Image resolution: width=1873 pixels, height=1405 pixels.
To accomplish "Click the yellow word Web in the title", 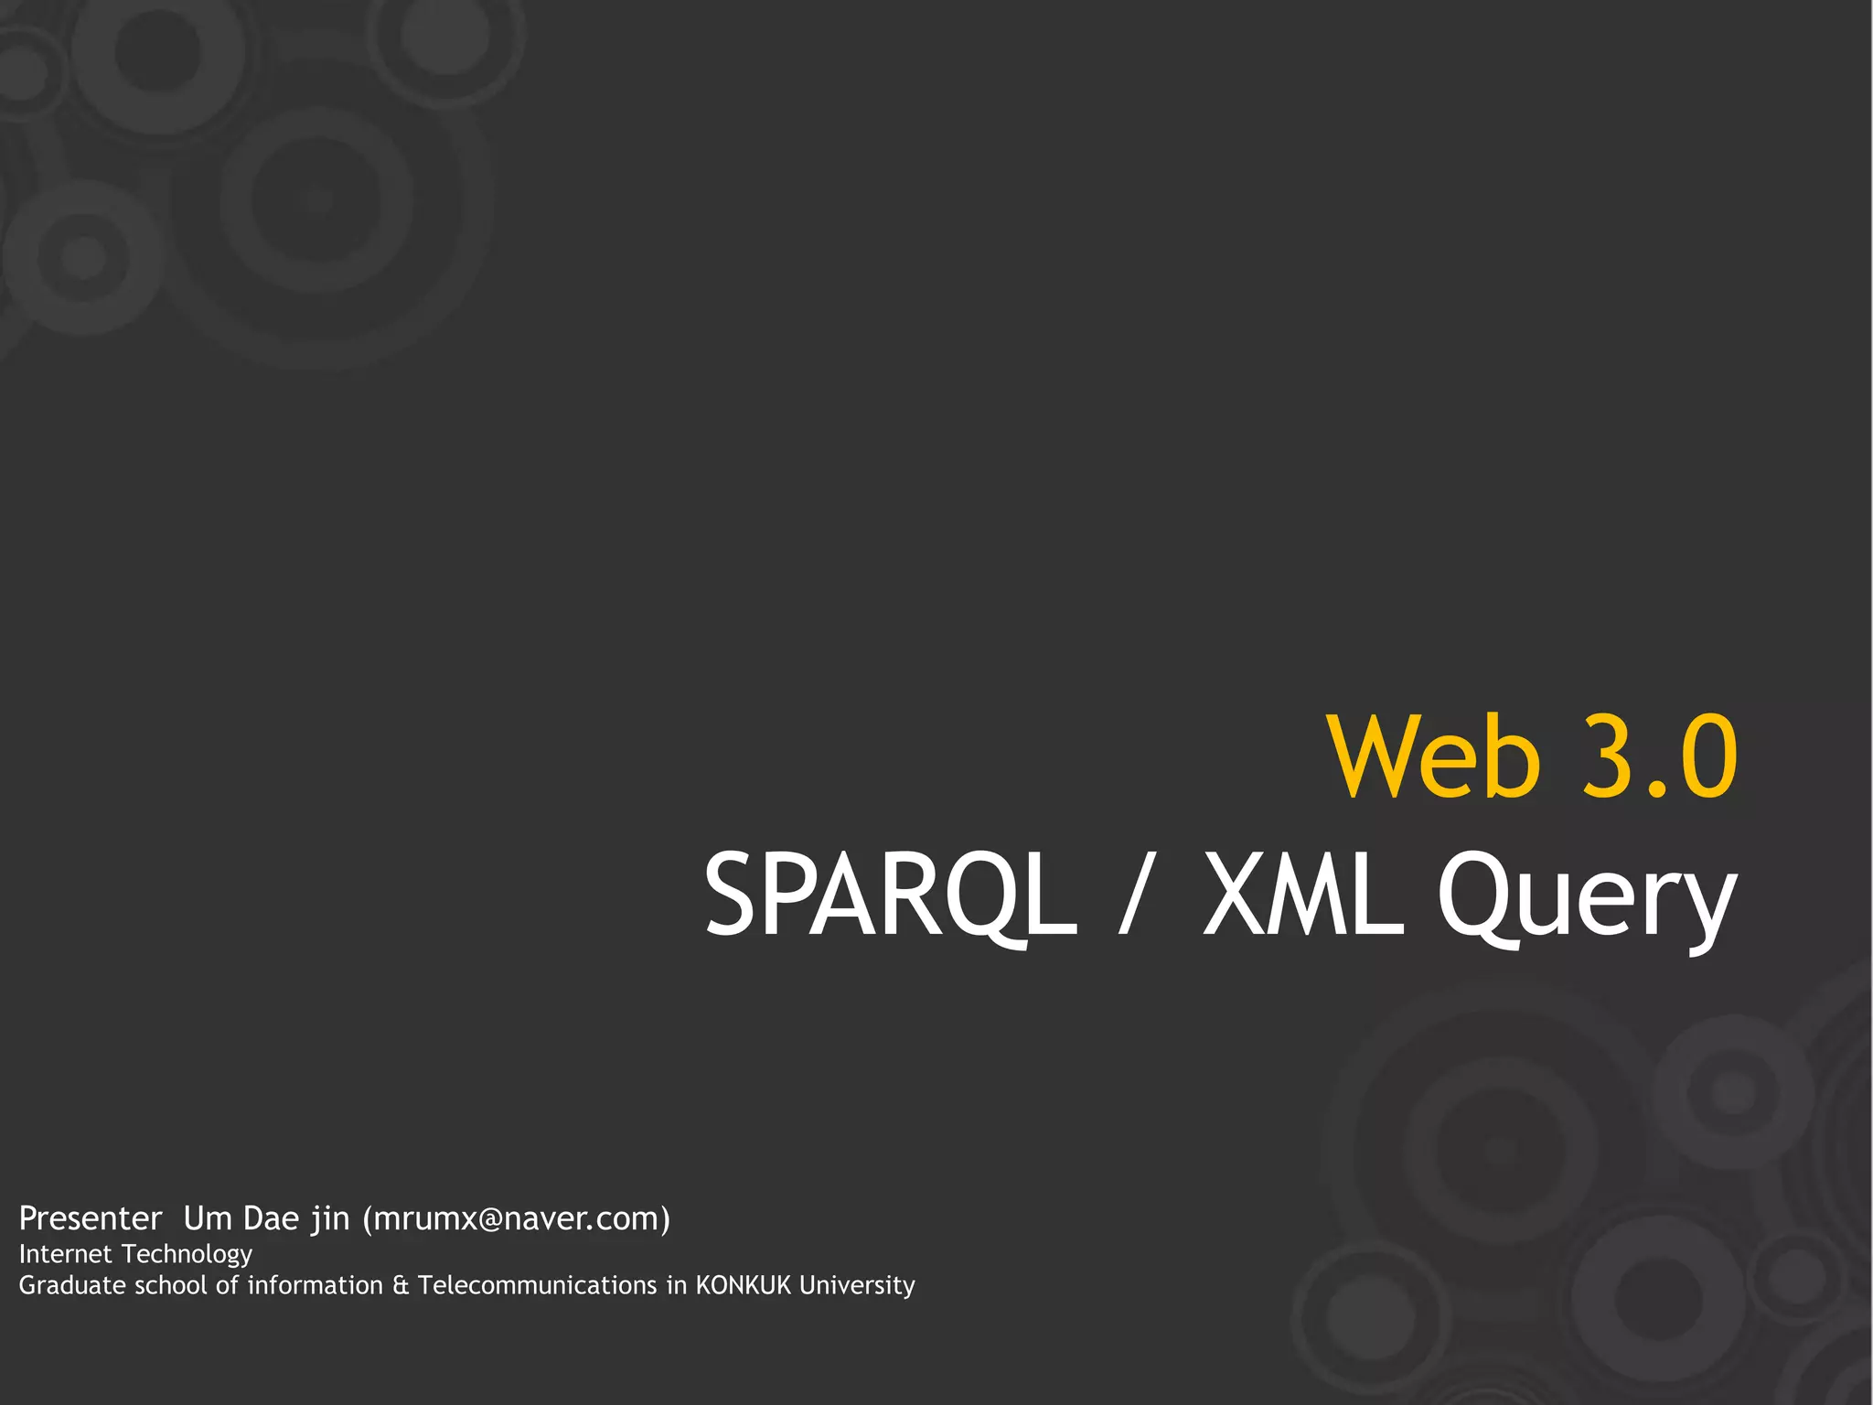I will pos(1434,757).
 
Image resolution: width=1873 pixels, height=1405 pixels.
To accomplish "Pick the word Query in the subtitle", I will pos(1586,901).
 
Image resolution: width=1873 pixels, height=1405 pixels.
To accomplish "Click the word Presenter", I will pos(91,1218).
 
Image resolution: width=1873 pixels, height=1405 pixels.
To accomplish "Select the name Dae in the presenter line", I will pos(272,1218).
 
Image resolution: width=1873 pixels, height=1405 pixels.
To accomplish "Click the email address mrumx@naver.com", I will pos(517,1219).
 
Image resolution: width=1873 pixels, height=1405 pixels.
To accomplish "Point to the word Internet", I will pos(65,1254).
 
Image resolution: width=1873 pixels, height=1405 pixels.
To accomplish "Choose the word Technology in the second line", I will pos(187,1255).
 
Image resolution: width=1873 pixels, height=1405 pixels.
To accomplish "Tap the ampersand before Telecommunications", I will pos(401,1286).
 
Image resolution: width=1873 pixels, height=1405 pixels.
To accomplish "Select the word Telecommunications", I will pos(537,1285).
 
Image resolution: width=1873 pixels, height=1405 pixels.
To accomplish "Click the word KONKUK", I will pos(743,1285).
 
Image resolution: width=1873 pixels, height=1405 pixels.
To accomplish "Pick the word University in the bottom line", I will pos(857,1286).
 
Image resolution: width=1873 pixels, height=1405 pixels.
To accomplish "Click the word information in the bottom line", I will pos(316,1285).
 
